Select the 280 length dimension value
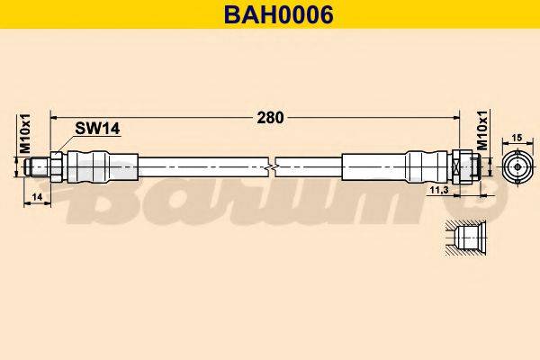(x=270, y=117)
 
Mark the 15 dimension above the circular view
(x=517, y=137)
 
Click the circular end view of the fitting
(x=517, y=166)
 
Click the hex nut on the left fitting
(x=56, y=166)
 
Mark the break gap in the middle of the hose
(x=274, y=166)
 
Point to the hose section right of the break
(x=310, y=166)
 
